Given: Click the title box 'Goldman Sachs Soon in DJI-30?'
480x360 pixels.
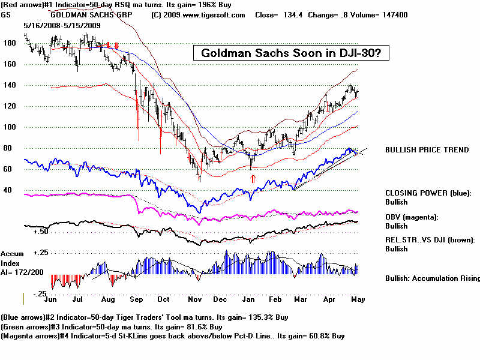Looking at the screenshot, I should pos(292,53).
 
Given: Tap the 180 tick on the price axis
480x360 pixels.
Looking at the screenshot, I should pos(9,44).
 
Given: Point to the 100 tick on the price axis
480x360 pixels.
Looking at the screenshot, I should pos(9,127).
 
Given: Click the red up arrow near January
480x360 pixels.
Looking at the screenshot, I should pos(253,178).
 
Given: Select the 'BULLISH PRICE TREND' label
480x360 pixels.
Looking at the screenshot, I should pos(427,150).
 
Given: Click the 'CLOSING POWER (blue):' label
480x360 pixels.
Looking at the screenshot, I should pos(428,193).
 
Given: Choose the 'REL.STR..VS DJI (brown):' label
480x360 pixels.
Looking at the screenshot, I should pos(430,239).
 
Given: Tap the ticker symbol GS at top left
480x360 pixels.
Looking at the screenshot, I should pos(7,14).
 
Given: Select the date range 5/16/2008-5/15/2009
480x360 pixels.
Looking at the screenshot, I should pos(62,26).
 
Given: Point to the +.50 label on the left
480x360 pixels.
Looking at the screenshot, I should pos(40,231).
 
